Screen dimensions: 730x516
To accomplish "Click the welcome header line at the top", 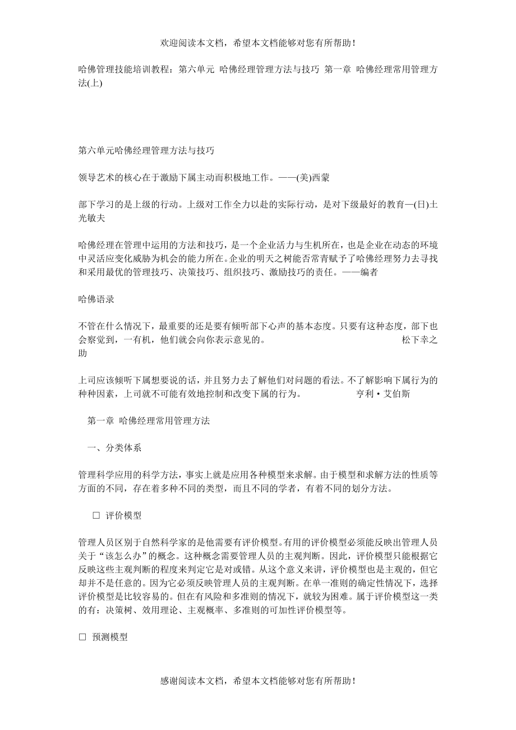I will coord(258,43).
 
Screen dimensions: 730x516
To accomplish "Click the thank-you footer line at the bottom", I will coord(258,681).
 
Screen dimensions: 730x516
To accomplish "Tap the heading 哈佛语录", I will coord(96,299).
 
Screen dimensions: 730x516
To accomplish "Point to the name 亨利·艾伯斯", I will coord(384,394).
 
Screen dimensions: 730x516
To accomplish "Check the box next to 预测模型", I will coord(82,637).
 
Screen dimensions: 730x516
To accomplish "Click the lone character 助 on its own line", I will coord(83,354).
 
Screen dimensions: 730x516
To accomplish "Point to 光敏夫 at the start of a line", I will coord(92,219).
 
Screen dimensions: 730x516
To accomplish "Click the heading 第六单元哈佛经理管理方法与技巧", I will coord(146,151).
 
